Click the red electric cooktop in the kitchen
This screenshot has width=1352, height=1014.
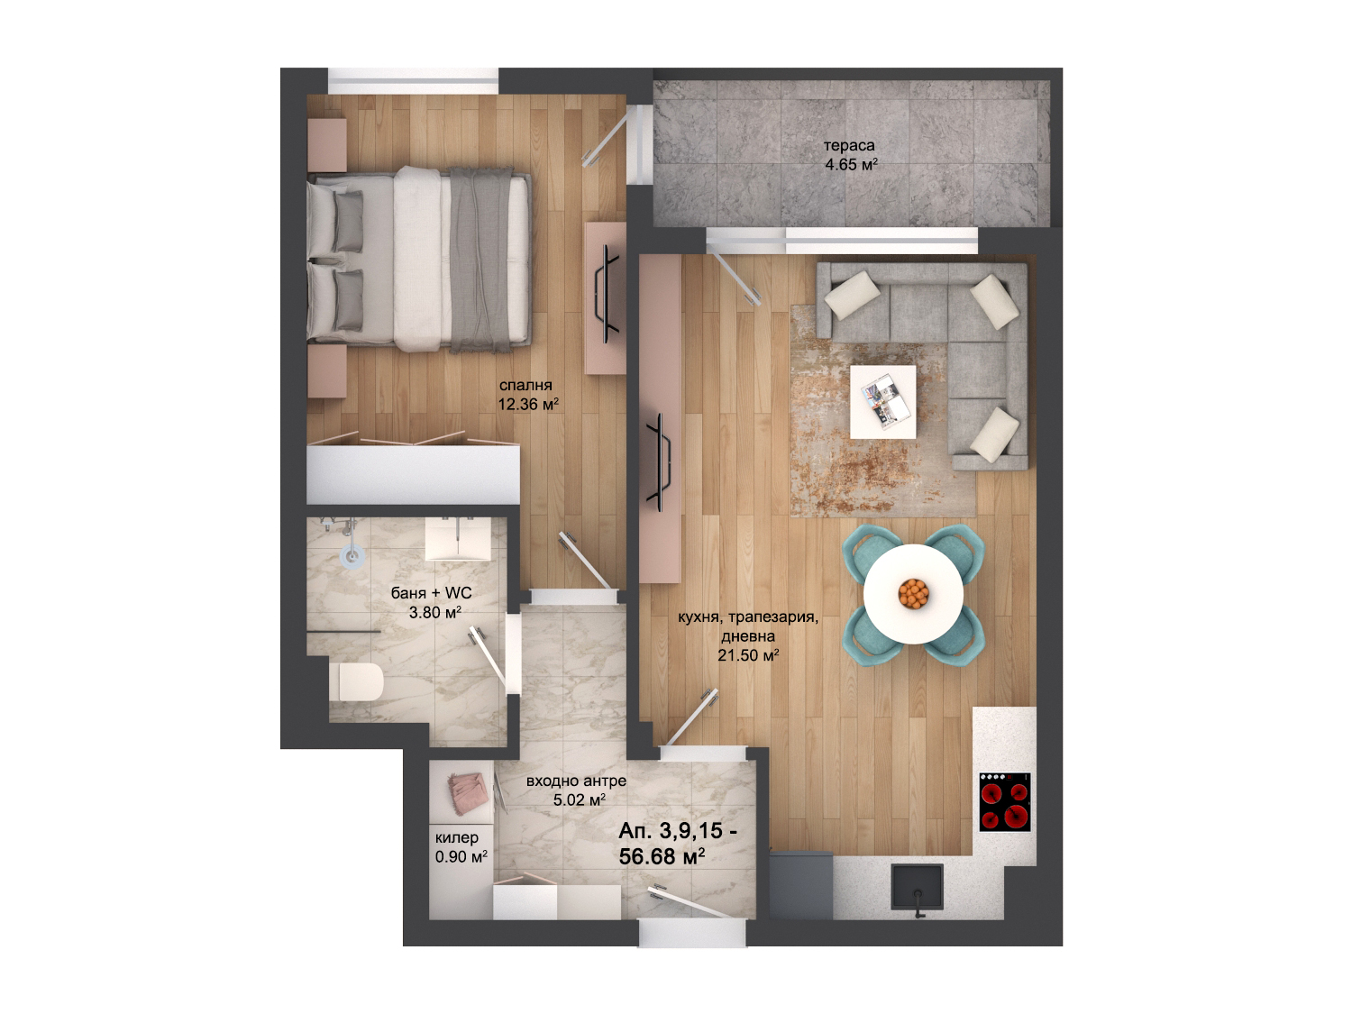[1005, 802]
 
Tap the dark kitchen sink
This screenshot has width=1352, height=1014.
[918, 887]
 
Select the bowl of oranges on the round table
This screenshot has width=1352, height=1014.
[913, 594]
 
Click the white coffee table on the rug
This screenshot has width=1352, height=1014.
[882, 402]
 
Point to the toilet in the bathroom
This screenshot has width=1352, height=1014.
[355, 681]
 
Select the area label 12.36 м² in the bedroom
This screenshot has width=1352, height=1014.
[528, 405]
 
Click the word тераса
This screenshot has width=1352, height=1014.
[849, 146]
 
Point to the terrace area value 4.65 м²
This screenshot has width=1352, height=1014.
[851, 165]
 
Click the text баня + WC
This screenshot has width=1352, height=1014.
[431, 593]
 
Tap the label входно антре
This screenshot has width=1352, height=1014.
[576, 781]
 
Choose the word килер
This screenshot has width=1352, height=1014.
[456, 838]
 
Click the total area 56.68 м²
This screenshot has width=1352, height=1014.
[662, 856]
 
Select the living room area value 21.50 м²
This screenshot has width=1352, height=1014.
[748, 655]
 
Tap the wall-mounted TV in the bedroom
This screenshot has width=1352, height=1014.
[604, 297]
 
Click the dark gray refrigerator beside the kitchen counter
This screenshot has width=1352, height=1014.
[800, 885]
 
